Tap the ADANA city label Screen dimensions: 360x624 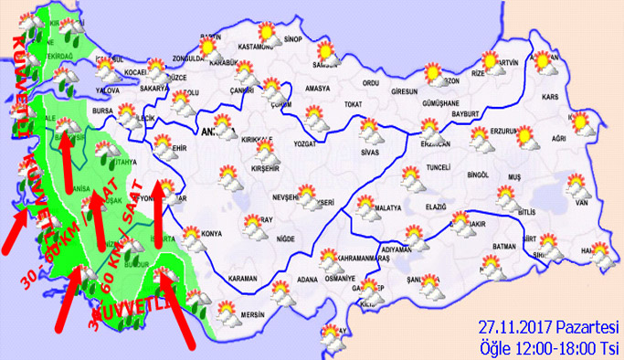pos(307,280)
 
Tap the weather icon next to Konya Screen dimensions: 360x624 pos(193,239)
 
